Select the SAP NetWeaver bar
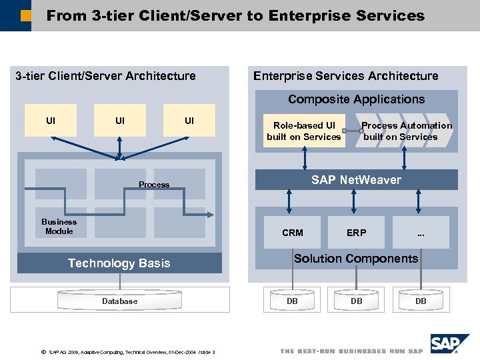356,180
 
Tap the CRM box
292,233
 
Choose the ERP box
356,233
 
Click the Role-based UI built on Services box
304,131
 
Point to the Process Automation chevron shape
406,131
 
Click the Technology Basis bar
119,263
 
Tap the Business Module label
59,227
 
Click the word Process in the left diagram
154,185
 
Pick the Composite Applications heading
356,99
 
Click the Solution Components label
356,259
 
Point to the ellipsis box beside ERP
421,233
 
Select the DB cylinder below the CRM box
292,301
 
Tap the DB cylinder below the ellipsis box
421,301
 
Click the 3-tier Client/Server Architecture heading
105,76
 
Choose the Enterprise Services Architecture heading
345,76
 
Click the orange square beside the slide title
25,15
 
